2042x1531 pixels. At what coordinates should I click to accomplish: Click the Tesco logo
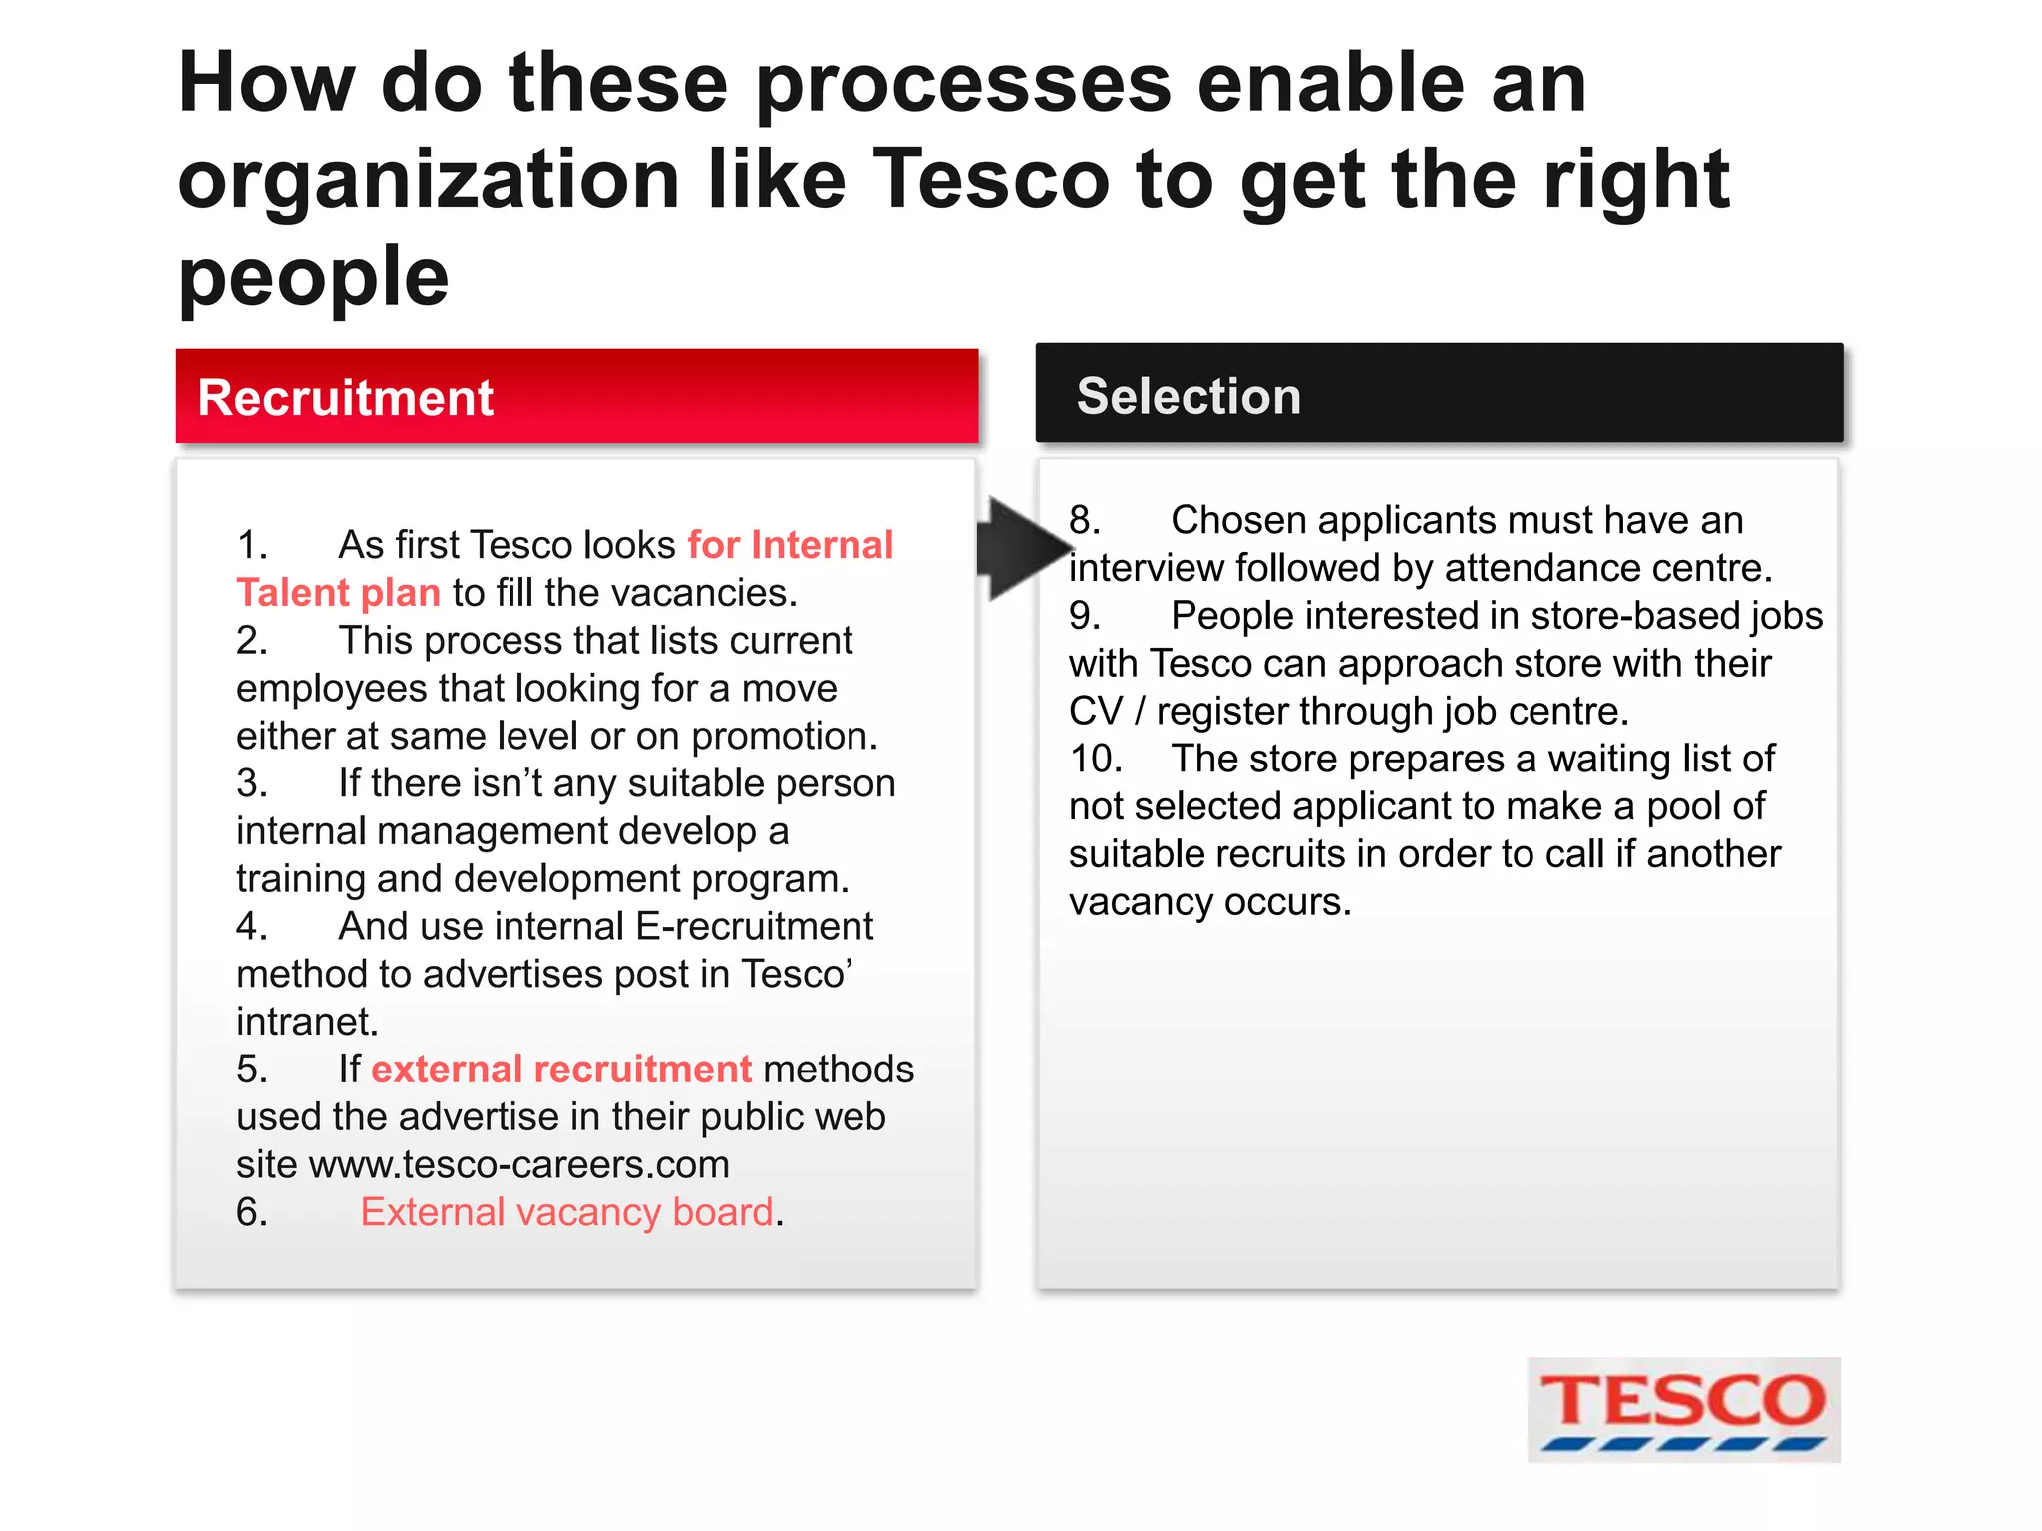tap(1682, 1408)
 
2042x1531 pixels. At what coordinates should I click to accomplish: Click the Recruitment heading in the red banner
tap(345, 397)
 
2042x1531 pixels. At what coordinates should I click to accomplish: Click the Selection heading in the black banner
tap(1189, 396)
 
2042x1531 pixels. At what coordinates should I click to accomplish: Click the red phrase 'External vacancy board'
tap(566, 1212)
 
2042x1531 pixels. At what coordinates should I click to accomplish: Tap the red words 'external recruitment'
tap(561, 1069)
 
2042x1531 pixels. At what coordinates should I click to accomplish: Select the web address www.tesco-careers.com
tap(519, 1164)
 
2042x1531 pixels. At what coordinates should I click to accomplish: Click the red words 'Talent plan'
tap(338, 593)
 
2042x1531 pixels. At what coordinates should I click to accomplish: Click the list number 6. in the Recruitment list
tap(252, 1212)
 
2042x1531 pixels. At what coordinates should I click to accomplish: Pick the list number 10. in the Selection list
tap(1095, 759)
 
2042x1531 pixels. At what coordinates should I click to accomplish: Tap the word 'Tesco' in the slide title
tap(991, 179)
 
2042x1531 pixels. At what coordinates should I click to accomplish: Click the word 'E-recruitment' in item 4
tap(754, 926)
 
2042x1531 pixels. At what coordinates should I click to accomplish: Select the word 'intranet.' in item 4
tap(307, 1022)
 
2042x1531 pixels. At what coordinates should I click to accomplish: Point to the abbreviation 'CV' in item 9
tap(1095, 712)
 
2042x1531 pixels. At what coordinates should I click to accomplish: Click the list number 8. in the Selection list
tap(1085, 520)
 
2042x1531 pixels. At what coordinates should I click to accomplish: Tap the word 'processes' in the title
tap(963, 83)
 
